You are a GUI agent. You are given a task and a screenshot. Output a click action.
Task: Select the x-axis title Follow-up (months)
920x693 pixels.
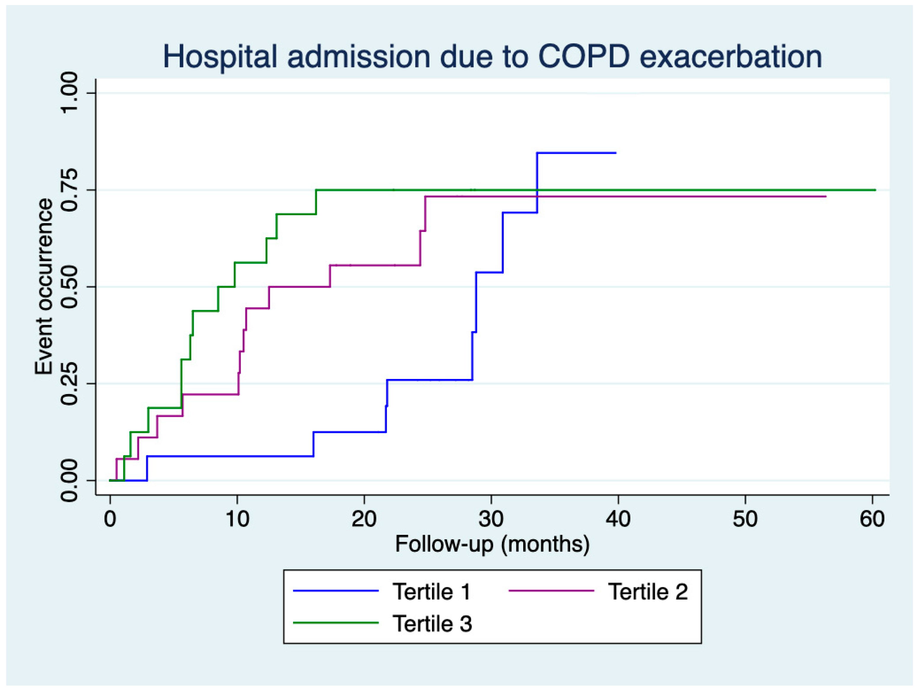492,544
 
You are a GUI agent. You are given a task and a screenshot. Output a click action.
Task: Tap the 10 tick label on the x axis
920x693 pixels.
237,519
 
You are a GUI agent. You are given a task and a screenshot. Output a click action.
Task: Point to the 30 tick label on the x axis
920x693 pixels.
491,519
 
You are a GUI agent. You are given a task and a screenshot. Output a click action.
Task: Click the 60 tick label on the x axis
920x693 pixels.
872,519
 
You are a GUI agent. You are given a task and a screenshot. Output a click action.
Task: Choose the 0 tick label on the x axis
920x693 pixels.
110,519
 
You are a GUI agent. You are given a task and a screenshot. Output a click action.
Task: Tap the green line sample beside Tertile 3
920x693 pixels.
336,623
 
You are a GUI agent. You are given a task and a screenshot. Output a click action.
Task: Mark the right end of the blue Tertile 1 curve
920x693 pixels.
615,153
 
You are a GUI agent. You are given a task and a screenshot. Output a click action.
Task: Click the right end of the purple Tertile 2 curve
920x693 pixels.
825,196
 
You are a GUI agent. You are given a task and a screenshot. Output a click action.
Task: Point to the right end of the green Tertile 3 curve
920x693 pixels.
875,190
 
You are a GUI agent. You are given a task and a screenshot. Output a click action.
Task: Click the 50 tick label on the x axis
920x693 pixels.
745,519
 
